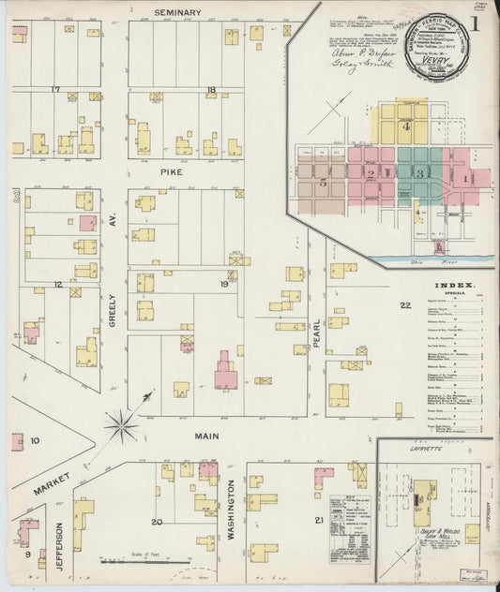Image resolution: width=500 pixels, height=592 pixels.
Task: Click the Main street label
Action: click(206, 436)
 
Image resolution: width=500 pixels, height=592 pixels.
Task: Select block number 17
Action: click(55, 90)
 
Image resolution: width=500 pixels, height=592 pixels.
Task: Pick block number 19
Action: click(224, 284)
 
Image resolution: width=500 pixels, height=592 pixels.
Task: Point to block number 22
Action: click(405, 305)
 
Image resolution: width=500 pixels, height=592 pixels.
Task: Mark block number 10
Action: click(35, 439)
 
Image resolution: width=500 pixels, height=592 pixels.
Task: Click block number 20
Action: click(157, 522)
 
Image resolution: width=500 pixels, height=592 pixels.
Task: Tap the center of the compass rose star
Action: click(121, 425)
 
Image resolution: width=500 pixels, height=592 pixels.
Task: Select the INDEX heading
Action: click(454, 284)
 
